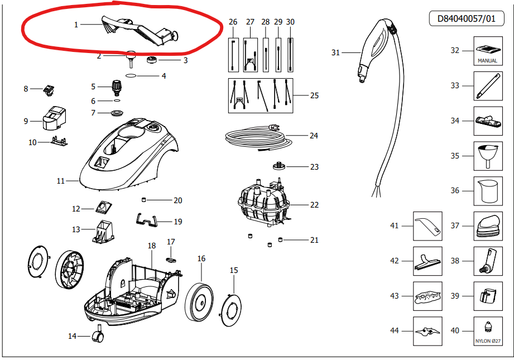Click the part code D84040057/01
[467, 18]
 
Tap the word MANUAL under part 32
[487, 61]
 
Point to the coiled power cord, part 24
[259, 137]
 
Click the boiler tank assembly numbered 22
[263, 203]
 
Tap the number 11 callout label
[61, 181]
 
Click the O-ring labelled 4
[131, 76]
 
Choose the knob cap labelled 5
[117, 87]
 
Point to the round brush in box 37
[489, 227]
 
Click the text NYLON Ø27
[488, 341]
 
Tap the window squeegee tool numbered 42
[427, 262]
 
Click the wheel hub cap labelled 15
[231, 310]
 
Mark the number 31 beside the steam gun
[335, 52]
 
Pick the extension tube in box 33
[488, 86]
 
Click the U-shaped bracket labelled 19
[147, 220]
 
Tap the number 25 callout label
[314, 95]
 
